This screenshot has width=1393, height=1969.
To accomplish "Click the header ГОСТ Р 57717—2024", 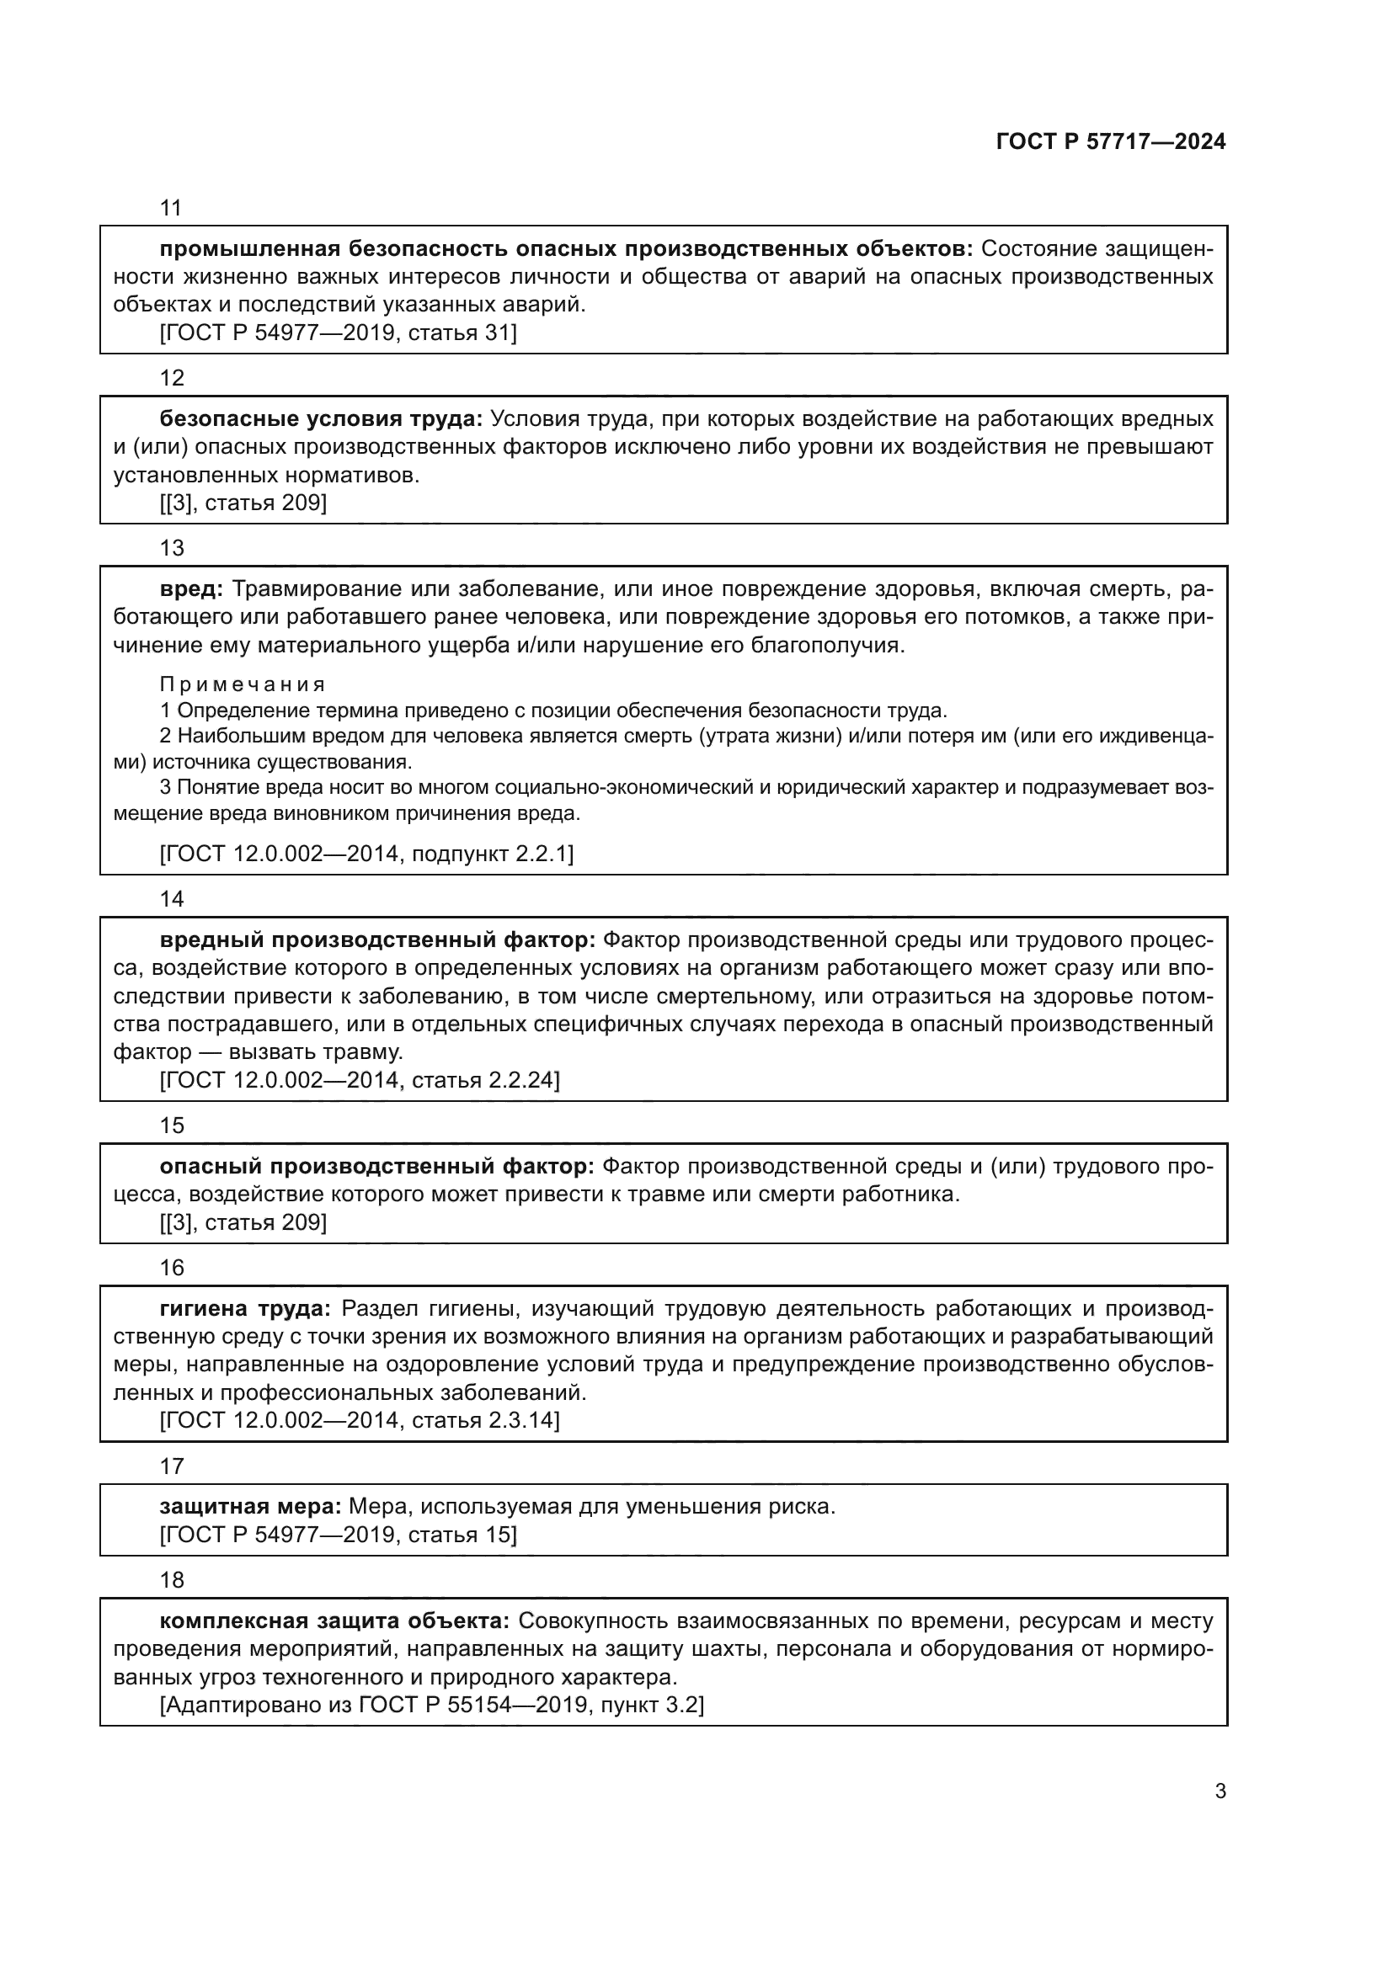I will pyautogui.click(x=1110, y=142).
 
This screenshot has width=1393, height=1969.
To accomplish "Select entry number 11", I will pyautogui.click(x=172, y=208).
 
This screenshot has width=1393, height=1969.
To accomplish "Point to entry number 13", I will pyautogui.click(x=172, y=548).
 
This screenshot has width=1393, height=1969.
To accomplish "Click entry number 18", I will pyautogui.click(x=172, y=1579).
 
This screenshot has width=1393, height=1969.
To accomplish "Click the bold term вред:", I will pyautogui.click(x=191, y=589).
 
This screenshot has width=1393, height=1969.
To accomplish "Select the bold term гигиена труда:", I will pyautogui.click(x=245, y=1309).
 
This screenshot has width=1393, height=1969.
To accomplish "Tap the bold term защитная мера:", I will pyautogui.click(x=250, y=1507).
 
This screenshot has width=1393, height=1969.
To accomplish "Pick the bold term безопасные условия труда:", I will pyautogui.click(x=321, y=419).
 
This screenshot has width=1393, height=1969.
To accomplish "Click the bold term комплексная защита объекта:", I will pyautogui.click(x=334, y=1620).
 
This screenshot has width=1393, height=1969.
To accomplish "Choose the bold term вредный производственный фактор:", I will pyautogui.click(x=377, y=941).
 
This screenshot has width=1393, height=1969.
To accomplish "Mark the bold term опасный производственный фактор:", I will pyautogui.click(x=376, y=1166).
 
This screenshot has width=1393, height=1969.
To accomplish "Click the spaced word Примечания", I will pyautogui.click(x=243, y=684).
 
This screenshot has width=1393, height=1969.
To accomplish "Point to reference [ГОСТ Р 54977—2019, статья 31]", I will pyautogui.click(x=338, y=333).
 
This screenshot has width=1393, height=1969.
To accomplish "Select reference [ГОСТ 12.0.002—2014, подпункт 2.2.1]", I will pyautogui.click(x=366, y=854).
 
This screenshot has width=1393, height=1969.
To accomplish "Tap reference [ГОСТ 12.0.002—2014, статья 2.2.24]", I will pyautogui.click(x=360, y=1080).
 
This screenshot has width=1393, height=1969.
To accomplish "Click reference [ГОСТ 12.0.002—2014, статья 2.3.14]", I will pyautogui.click(x=360, y=1420).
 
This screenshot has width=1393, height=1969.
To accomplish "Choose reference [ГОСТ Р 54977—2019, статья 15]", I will pyautogui.click(x=338, y=1535).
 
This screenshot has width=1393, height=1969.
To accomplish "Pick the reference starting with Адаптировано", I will pyautogui.click(x=431, y=1705).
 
